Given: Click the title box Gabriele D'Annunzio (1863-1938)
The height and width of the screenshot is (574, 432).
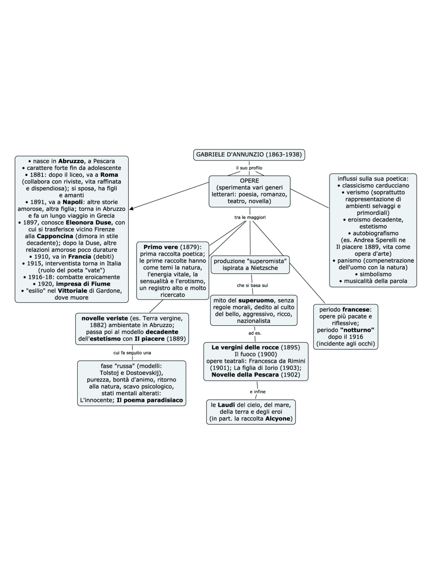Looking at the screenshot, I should click(x=249, y=155).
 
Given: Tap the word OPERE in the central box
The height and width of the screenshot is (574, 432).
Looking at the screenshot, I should click(x=249, y=181).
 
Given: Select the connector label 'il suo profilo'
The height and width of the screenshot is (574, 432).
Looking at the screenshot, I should click(x=249, y=168).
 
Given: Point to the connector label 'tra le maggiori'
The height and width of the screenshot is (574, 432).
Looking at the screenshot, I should click(x=250, y=217).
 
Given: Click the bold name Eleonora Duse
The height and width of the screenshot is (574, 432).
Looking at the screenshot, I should click(x=88, y=222).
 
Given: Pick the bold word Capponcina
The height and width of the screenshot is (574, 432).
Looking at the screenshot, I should click(x=55, y=236).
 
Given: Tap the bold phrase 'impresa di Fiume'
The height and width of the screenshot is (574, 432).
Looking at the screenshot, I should click(x=83, y=284).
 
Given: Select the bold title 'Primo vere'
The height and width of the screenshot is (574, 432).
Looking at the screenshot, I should click(x=161, y=247).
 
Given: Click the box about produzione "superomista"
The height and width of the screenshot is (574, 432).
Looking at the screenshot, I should click(x=250, y=265).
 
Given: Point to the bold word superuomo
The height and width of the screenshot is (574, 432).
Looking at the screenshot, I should click(x=256, y=300).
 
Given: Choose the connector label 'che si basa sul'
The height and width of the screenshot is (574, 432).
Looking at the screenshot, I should click(x=252, y=285).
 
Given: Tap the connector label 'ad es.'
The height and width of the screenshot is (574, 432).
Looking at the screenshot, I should click(x=255, y=333).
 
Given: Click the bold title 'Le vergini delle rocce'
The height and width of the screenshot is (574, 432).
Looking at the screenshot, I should click(x=245, y=347).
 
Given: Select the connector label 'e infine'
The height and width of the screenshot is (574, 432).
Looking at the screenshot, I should click(x=258, y=392).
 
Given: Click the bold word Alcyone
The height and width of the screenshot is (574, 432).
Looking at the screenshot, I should click(x=278, y=418).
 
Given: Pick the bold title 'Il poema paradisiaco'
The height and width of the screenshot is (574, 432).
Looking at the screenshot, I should click(x=150, y=400).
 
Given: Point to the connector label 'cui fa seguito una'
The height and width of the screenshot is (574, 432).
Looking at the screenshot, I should click(x=132, y=353).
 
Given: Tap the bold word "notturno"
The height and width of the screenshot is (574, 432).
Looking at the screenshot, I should click(x=357, y=330).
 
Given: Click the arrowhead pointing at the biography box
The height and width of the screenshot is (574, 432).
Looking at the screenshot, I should click(x=131, y=209).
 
